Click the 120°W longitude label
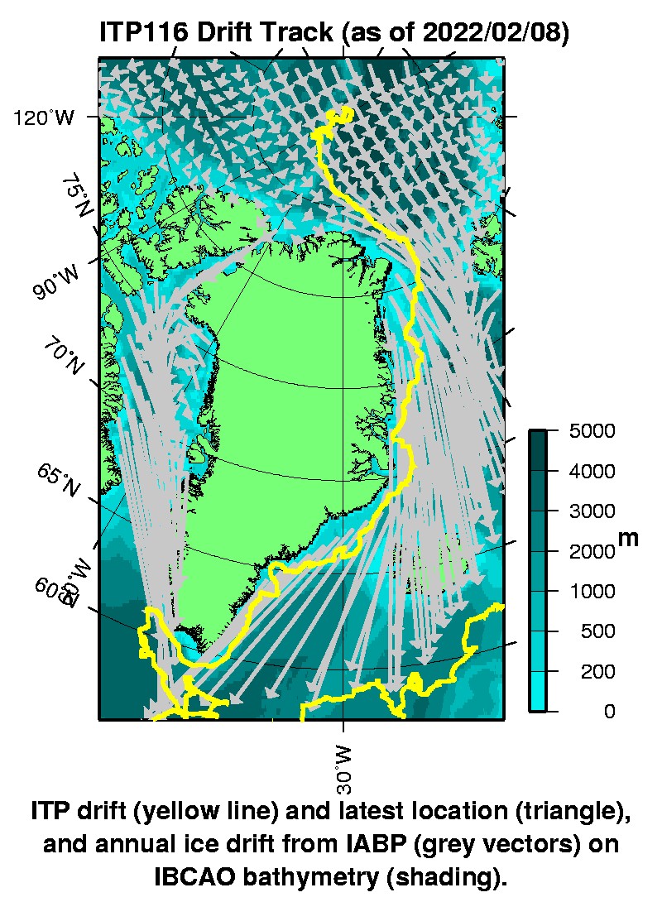pos(43,118)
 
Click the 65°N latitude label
pos(57,481)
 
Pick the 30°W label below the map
pos(343,768)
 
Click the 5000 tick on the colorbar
pos(592,431)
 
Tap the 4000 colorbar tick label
pos(592,472)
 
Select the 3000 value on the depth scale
pos(592,511)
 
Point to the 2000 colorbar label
pos(592,551)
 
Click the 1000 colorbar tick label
pos(592,592)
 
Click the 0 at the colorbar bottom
pos(610,712)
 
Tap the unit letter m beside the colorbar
pos(629,538)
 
